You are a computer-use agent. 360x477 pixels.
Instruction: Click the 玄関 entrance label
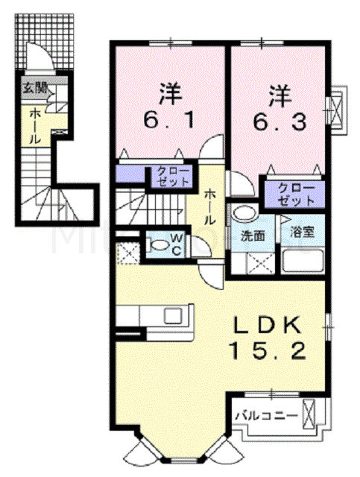(36, 89)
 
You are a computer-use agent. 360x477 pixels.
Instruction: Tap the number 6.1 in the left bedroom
(169, 121)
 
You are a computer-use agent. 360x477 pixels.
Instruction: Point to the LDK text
(267, 326)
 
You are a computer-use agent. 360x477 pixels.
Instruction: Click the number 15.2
(268, 350)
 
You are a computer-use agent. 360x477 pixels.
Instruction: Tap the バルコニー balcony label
(267, 416)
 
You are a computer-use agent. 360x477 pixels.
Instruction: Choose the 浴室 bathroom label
(302, 233)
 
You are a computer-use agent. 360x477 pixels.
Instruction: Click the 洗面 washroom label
(253, 236)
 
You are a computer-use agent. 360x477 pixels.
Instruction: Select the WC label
(177, 244)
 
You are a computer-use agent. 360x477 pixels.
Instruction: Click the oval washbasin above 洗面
(244, 212)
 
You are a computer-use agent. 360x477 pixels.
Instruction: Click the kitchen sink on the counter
(174, 315)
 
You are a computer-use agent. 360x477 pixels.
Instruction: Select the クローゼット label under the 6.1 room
(172, 176)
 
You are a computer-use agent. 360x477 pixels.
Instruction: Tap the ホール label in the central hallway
(209, 206)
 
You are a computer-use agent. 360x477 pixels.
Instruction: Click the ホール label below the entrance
(35, 126)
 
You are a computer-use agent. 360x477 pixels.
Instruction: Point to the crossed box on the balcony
(309, 414)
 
